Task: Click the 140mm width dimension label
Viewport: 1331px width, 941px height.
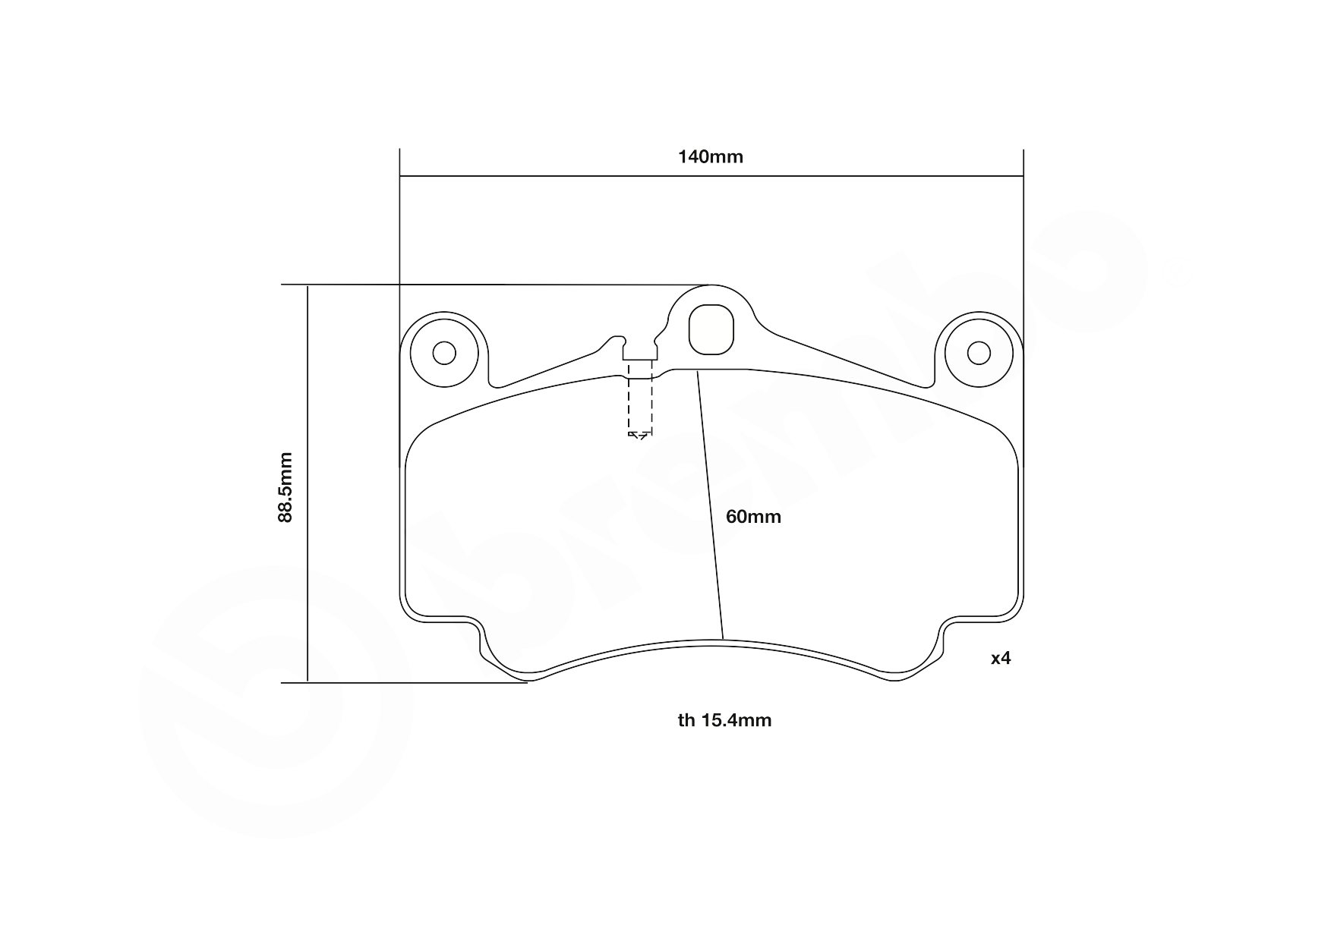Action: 710,157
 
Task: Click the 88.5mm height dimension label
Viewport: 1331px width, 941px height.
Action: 285,486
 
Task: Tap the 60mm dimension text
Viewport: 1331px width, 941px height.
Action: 752,517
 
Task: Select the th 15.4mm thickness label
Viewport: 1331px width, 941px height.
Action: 724,720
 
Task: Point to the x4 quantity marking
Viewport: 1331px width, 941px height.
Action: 1001,658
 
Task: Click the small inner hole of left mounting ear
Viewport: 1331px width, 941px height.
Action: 444,353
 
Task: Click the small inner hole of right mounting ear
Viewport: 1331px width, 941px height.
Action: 979,353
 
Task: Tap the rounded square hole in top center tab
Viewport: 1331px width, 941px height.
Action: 711,329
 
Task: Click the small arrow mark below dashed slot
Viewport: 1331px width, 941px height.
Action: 639,435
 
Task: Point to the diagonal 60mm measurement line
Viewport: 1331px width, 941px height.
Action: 711,508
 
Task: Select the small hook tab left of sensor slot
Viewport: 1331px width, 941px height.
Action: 616,341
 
